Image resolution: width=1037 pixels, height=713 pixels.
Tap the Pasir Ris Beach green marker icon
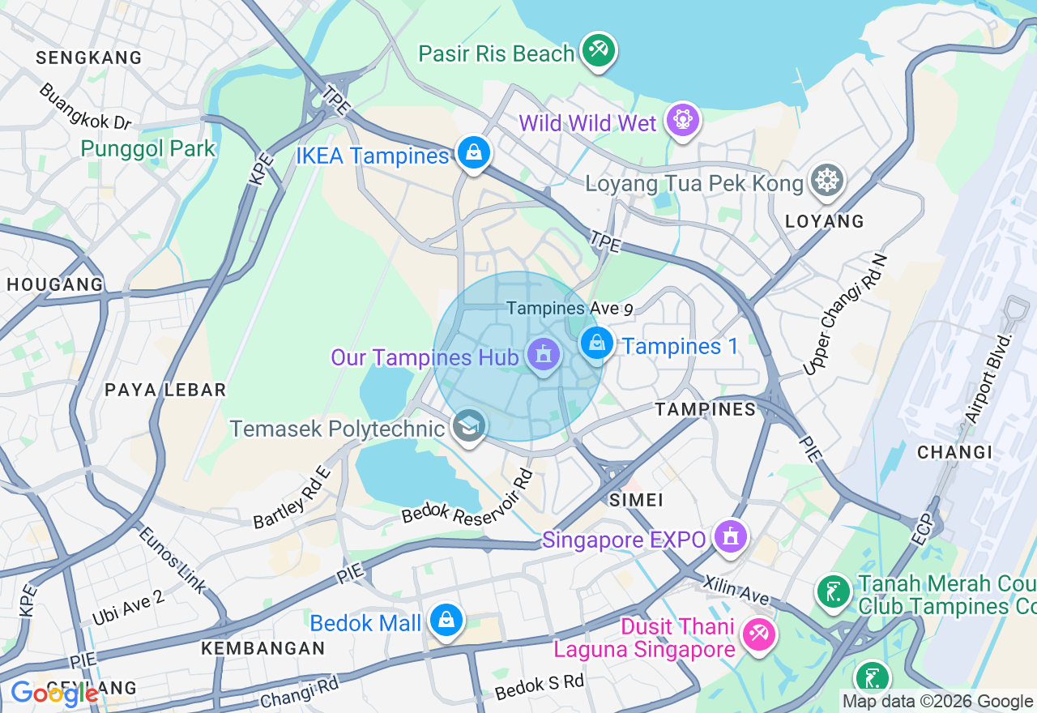click(x=599, y=50)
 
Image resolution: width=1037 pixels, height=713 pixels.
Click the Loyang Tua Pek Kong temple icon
click(x=826, y=181)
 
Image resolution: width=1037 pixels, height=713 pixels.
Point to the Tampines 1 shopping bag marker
click(x=597, y=344)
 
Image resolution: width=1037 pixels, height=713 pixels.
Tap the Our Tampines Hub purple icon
click(x=543, y=355)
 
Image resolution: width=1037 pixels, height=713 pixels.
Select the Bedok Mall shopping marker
click(x=445, y=620)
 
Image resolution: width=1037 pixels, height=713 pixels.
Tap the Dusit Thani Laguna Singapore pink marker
click(x=758, y=634)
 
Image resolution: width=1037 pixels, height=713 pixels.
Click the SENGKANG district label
click(x=89, y=58)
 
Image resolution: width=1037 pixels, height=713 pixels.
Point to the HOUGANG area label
click(x=55, y=284)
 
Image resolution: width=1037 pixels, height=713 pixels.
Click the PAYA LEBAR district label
click(x=165, y=390)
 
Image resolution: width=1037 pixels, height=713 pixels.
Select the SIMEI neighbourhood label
click(x=637, y=500)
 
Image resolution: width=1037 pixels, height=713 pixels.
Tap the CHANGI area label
click(x=954, y=452)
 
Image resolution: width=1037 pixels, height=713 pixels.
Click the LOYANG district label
click(x=825, y=221)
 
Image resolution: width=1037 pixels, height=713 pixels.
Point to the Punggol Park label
click(x=148, y=148)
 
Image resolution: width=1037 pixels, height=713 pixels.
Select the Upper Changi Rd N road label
click(x=846, y=316)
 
